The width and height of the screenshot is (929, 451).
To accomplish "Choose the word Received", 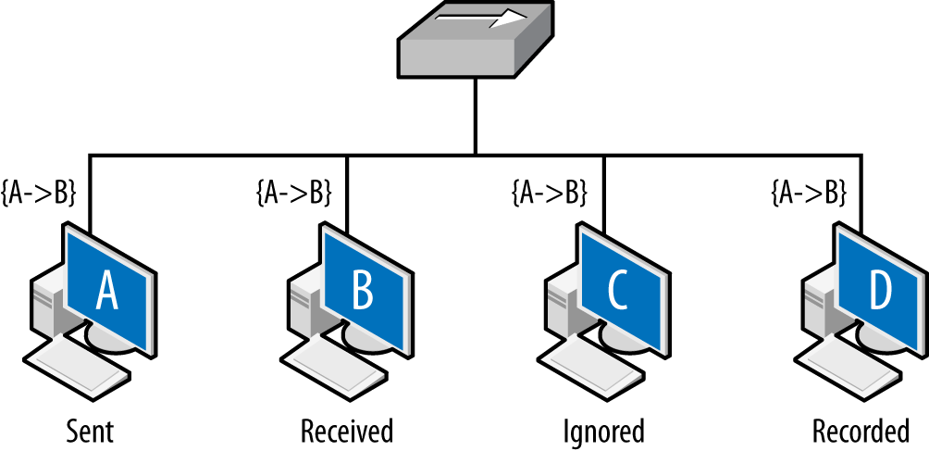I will [347, 431].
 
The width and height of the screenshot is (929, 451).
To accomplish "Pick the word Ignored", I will [604, 431].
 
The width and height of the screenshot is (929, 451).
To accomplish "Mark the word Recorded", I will [861, 431].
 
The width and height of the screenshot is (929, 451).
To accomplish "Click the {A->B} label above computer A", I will [39, 194].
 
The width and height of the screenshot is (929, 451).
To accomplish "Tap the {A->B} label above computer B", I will [292, 194].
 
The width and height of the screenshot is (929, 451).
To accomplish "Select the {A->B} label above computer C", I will [550, 194].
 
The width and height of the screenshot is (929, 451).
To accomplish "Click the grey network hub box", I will [472, 56].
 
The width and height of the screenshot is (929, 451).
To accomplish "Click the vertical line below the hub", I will [476, 116].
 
